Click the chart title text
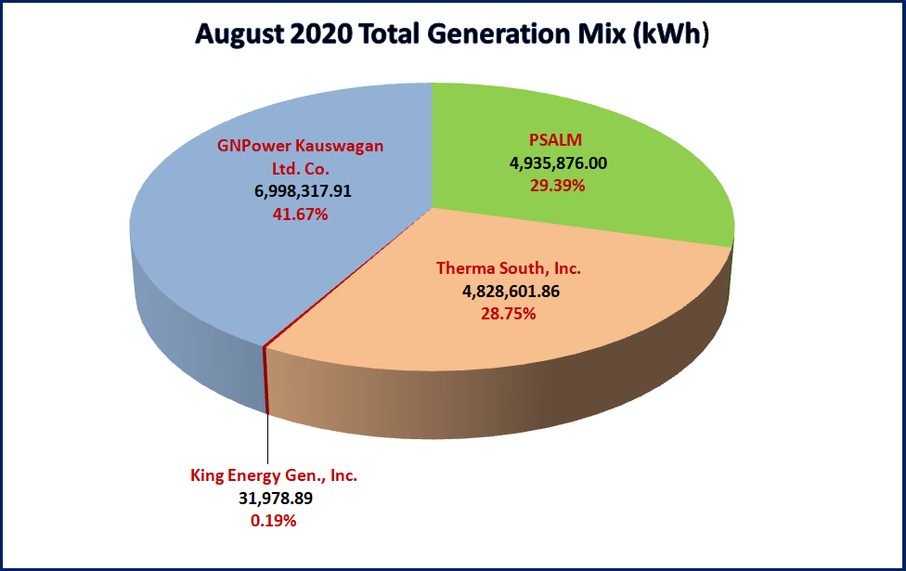click(452, 34)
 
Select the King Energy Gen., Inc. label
click(273, 475)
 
